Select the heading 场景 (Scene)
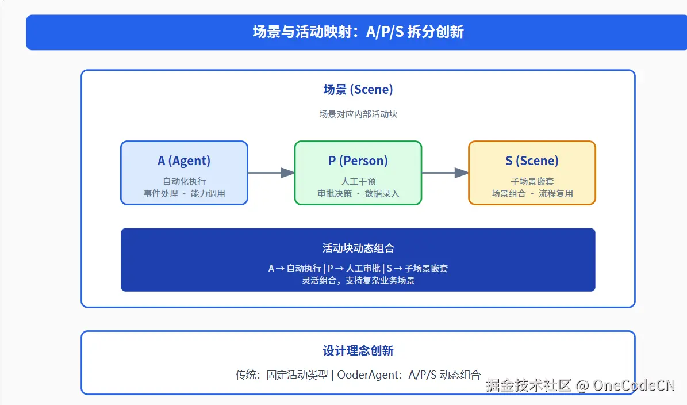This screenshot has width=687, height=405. pos(358,90)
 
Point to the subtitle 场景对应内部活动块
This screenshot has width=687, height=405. pos(358,114)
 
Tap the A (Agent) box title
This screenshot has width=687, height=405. pos(184,161)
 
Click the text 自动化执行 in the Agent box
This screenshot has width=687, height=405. pos(184,181)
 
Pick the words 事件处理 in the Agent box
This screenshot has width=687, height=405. pos(160,194)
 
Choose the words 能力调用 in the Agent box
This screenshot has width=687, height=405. pos(208,194)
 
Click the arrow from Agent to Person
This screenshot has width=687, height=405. pos(271,173)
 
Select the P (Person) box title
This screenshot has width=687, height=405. pos(358,161)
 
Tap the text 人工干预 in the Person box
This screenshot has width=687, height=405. pos(358,181)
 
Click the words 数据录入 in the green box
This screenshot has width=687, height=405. pos(382,194)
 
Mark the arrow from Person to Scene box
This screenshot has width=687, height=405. pos(444,173)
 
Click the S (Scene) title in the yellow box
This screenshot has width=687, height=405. pos(532,161)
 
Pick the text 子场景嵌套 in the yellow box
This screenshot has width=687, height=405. pos(532,181)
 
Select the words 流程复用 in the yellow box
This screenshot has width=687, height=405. pos(556,194)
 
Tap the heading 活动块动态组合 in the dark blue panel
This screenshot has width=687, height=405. pos(358,249)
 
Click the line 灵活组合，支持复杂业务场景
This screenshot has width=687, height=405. pos(358,281)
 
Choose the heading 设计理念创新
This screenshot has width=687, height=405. pos(358,351)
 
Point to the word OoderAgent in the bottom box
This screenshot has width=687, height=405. pos(369,375)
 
